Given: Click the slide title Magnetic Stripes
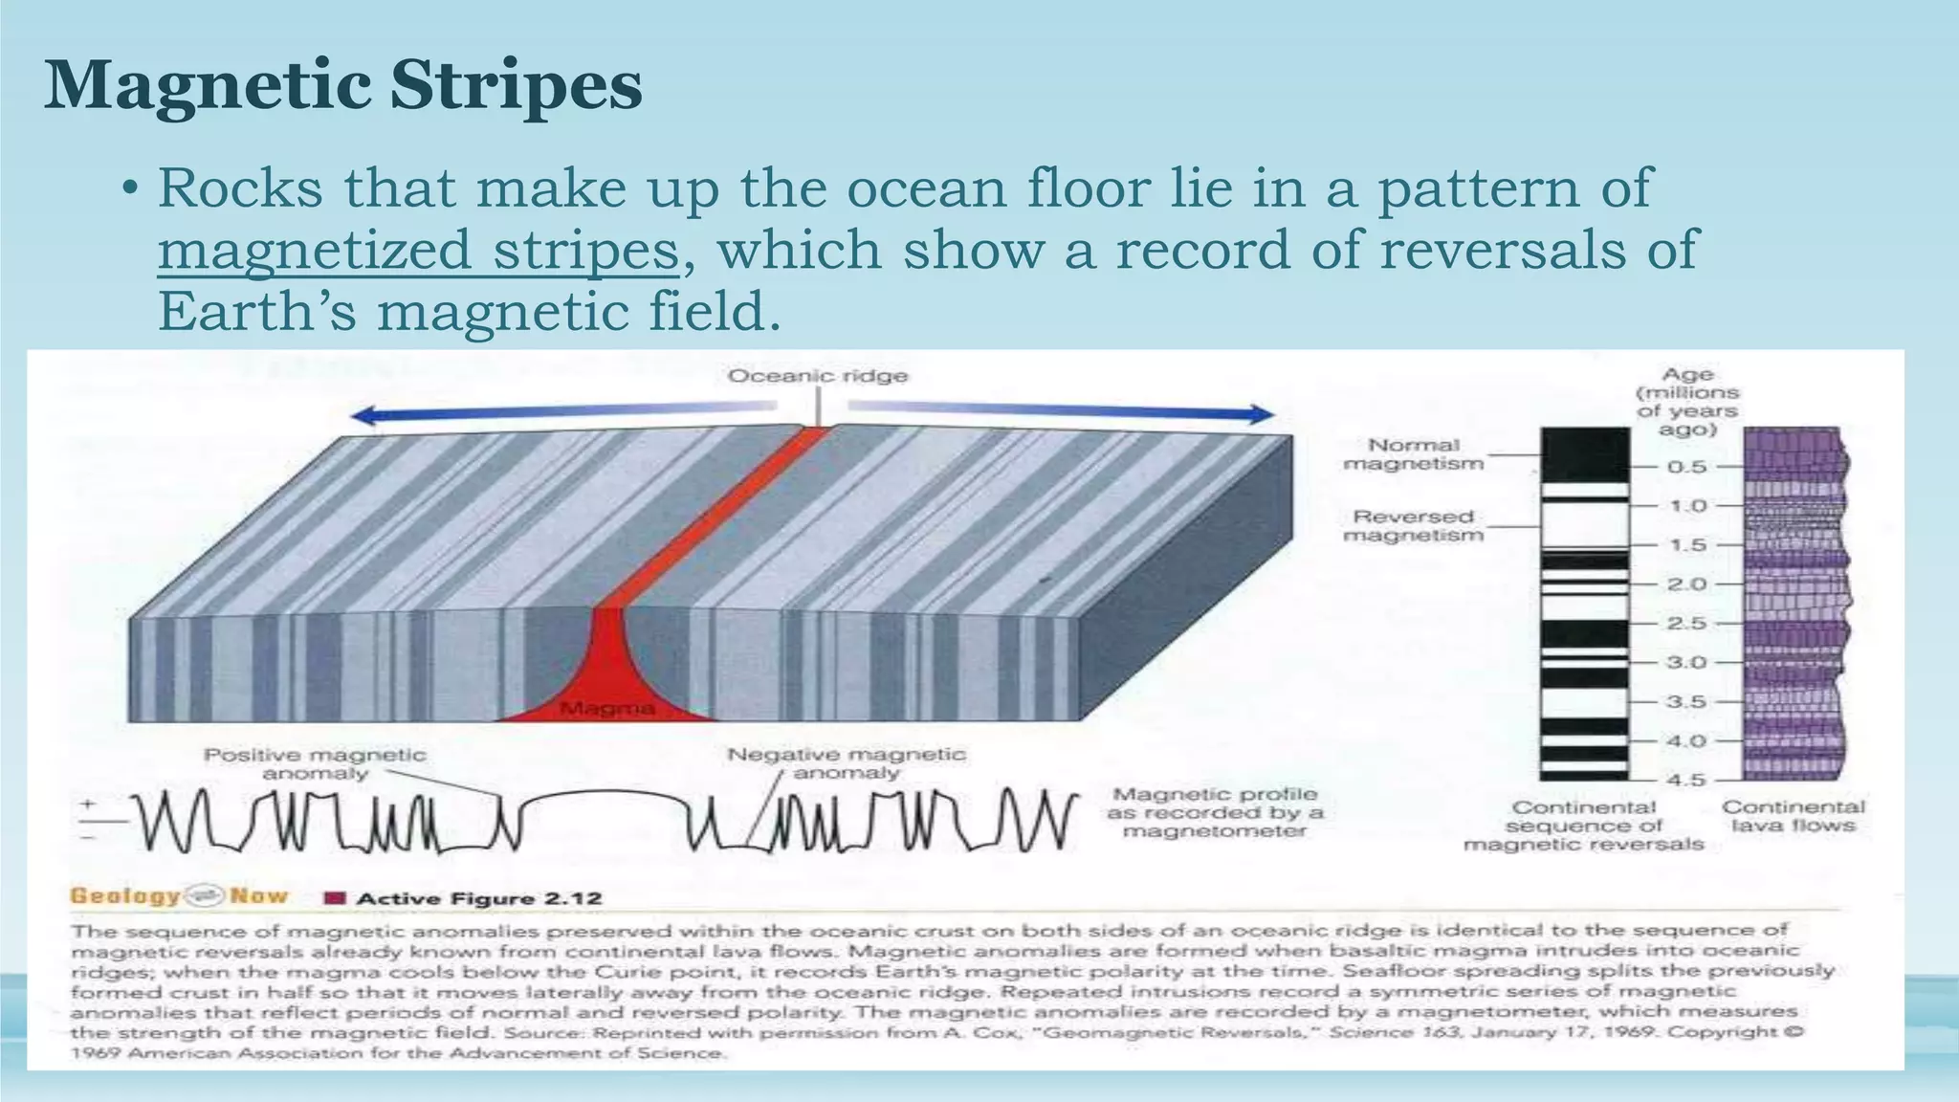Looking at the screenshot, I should click(342, 86).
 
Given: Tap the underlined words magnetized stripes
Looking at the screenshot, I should click(417, 250).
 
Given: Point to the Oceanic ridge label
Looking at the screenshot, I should click(818, 376).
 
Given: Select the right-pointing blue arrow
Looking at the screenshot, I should click(1062, 410).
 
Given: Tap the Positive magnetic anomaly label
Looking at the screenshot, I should click(315, 763).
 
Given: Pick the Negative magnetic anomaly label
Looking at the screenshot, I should click(847, 763).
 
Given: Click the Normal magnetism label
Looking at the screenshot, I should click(1414, 454).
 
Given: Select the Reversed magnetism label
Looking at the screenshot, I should click(1414, 525).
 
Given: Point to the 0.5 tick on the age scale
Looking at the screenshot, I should click(1687, 467).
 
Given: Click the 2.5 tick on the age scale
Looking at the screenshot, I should click(1687, 624).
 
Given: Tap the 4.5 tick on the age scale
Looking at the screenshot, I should click(1687, 780).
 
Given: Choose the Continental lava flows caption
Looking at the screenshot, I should click(1794, 816).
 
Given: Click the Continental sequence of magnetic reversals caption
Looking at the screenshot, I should click(1584, 826).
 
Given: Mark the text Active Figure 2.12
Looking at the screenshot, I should click(478, 898).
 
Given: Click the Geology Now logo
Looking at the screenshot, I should click(179, 896).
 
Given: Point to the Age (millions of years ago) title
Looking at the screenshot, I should click(1687, 402).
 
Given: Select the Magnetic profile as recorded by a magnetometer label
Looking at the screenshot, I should click(1215, 812).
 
